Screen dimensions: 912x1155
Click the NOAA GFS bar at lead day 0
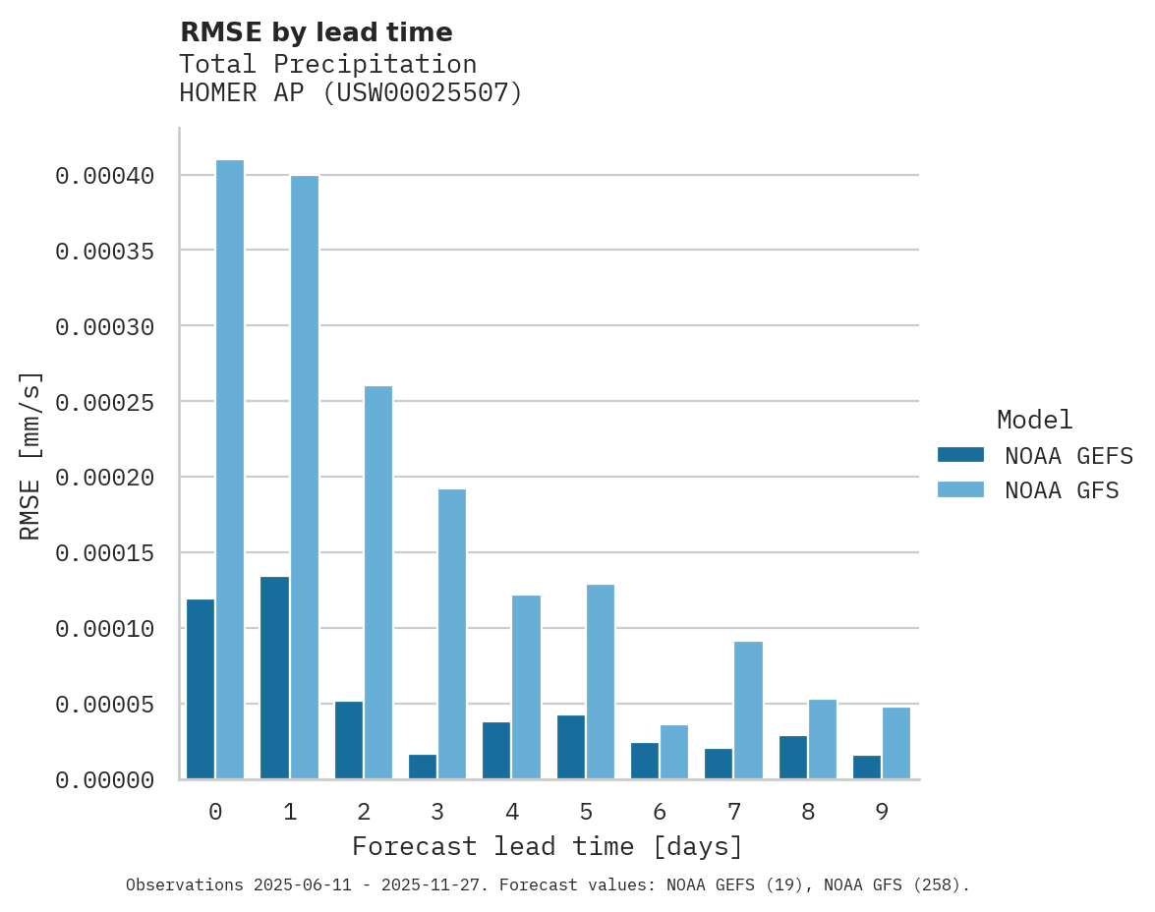pyautogui.click(x=230, y=470)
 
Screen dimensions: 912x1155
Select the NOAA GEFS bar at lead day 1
pyautogui.click(x=274, y=678)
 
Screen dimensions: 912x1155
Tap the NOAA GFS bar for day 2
pyautogui.click(x=378, y=583)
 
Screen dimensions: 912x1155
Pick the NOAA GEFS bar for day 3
pyautogui.click(x=423, y=768)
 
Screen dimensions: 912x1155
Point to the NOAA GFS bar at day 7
pyautogui.click(x=748, y=711)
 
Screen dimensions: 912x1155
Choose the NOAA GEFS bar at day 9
pyautogui.click(x=867, y=768)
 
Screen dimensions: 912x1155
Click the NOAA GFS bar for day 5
pyautogui.click(x=600, y=682)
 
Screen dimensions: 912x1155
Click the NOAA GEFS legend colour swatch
pyautogui.click(x=960, y=455)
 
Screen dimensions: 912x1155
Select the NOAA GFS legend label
pyautogui.click(x=1062, y=490)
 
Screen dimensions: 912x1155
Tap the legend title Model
pyautogui.click(x=1034, y=420)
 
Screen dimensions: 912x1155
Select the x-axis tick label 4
pyautogui.click(x=512, y=813)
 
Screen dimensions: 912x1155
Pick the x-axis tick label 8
pyautogui.click(x=808, y=813)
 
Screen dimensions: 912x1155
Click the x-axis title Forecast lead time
pyautogui.click(x=548, y=847)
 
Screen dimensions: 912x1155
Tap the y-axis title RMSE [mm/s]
pyautogui.click(x=30, y=455)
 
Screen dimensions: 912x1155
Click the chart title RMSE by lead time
pyautogui.click(x=317, y=32)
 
